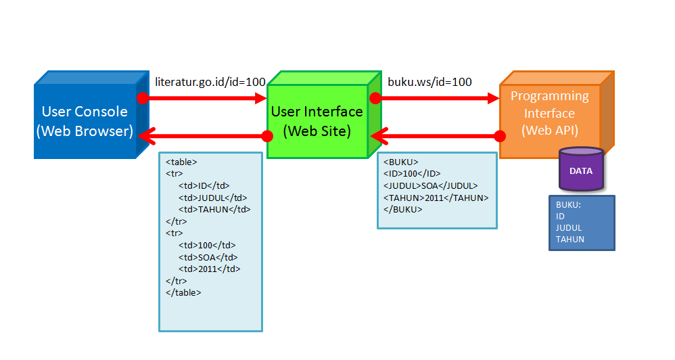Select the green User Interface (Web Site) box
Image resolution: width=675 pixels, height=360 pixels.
click(317, 121)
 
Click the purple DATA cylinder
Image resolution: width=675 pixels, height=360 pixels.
click(580, 171)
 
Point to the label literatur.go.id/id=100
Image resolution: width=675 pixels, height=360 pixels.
click(210, 82)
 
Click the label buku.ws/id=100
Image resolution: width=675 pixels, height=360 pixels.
click(429, 82)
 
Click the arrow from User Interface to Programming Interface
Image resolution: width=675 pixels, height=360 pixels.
click(437, 98)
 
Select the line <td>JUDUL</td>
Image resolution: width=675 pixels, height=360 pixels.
click(213, 198)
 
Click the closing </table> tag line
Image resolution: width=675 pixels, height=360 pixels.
click(183, 292)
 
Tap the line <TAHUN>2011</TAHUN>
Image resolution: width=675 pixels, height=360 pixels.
click(436, 198)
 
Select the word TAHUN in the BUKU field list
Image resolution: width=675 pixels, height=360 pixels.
click(570, 240)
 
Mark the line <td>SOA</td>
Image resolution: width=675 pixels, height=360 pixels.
click(208, 257)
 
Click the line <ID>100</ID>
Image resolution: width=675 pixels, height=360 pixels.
click(412, 174)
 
